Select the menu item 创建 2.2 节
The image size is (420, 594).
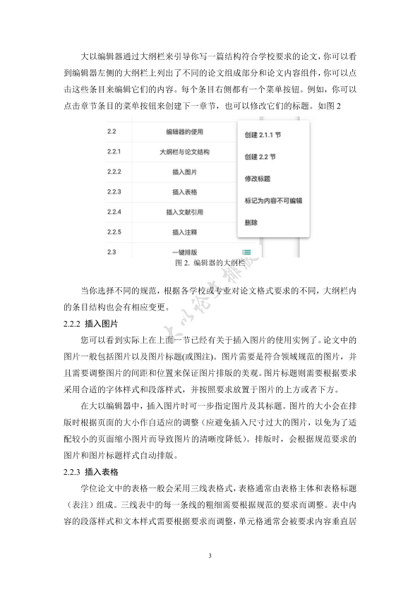(x=260, y=157)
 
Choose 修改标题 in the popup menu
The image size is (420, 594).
(x=256, y=179)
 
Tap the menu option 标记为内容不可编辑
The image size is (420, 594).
(x=273, y=201)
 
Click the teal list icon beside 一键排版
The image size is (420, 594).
(x=246, y=252)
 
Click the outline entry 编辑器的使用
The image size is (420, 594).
(x=185, y=132)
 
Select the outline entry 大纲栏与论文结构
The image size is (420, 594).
(x=185, y=152)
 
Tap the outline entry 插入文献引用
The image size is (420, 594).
(x=185, y=212)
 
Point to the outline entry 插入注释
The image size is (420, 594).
(x=185, y=231)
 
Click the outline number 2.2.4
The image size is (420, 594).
(x=114, y=212)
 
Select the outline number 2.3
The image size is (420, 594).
(x=112, y=252)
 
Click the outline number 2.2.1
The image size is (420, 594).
(x=114, y=152)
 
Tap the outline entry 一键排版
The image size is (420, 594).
(x=185, y=252)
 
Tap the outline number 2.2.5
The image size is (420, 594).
(x=114, y=231)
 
